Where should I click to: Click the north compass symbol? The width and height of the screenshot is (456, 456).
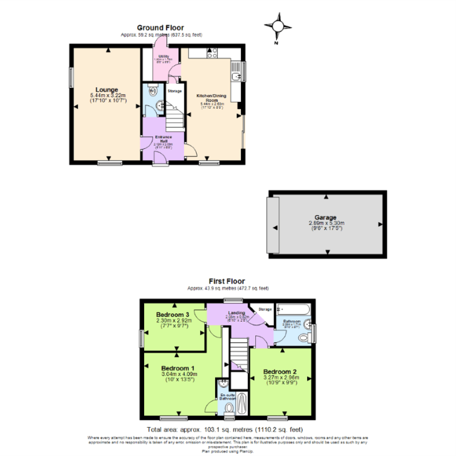(x=279, y=28)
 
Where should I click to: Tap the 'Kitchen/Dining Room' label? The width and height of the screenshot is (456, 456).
(x=211, y=99)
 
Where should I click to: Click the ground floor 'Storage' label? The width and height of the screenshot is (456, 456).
(x=175, y=91)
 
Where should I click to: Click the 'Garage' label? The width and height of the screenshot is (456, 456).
(x=325, y=218)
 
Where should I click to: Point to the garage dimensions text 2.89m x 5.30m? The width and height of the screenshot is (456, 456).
(x=325, y=224)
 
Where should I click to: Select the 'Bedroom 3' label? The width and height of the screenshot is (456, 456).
(x=172, y=314)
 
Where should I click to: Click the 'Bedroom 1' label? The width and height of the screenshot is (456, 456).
(x=177, y=368)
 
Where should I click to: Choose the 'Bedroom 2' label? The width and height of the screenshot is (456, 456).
(x=280, y=372)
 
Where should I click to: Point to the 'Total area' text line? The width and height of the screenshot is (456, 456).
(x=224, y=429)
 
